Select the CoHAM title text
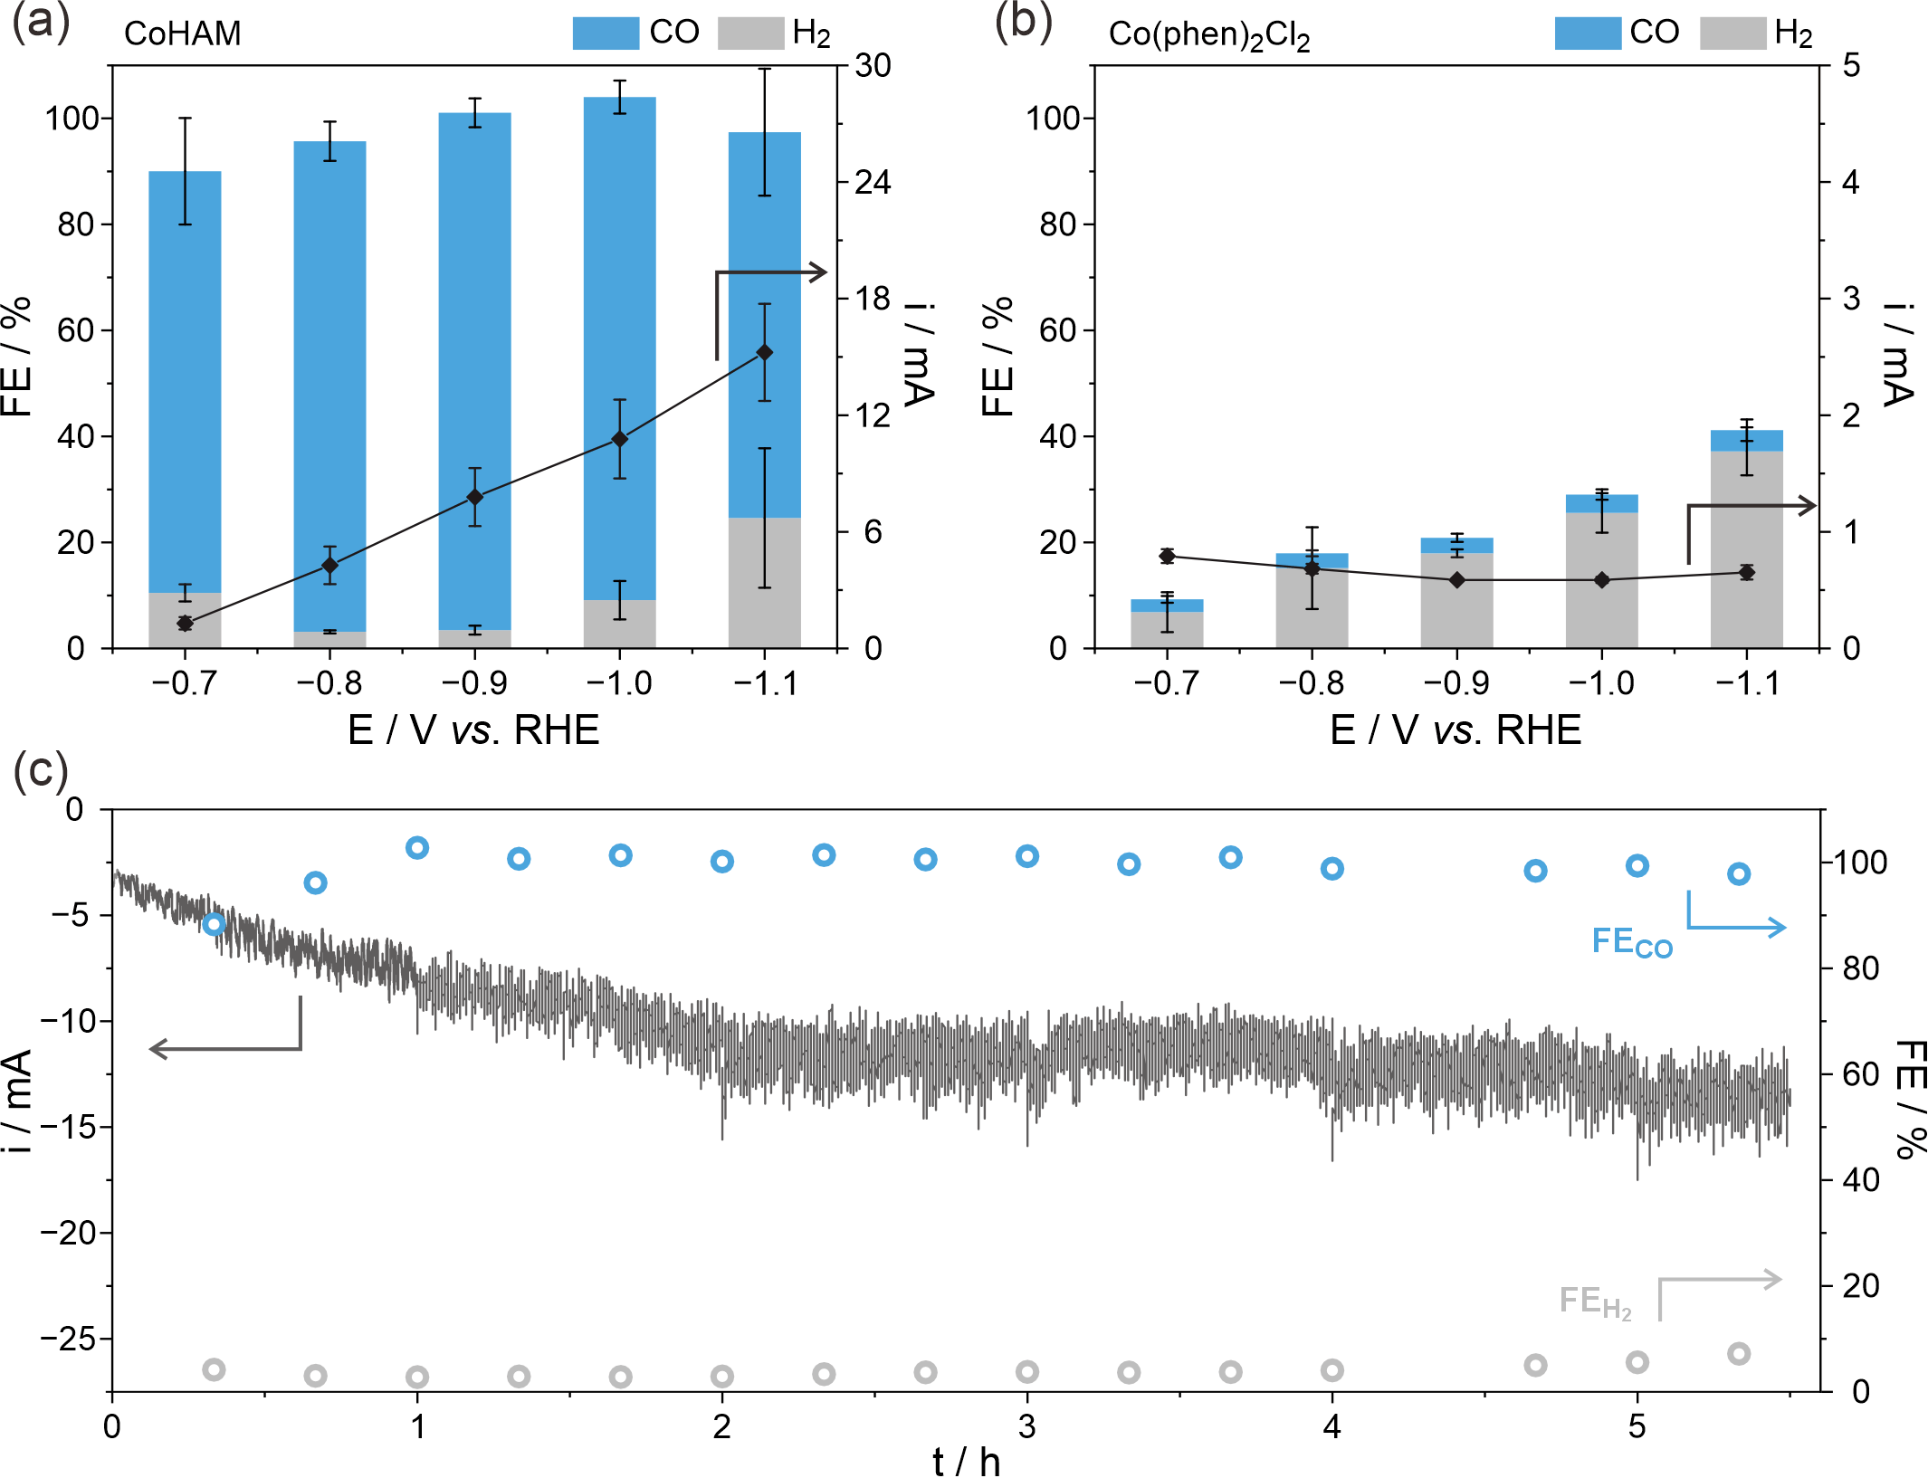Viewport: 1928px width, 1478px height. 183,33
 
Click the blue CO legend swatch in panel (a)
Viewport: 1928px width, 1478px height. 606,33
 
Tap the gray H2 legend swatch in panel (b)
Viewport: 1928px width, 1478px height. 1732,33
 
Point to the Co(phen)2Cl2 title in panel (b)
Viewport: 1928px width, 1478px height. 1209,35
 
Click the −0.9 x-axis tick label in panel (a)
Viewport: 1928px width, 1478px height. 474,682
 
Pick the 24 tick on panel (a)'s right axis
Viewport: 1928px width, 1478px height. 873,182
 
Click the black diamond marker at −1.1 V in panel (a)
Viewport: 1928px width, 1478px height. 765,352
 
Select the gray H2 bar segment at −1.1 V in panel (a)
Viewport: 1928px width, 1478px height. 765,583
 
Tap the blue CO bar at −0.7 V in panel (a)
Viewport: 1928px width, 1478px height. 185,382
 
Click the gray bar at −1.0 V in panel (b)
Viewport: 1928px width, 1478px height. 1602,580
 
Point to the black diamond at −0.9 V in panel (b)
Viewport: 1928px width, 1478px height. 1457,580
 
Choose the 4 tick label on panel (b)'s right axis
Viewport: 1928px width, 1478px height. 1851,182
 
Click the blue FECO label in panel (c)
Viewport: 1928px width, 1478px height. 1632,942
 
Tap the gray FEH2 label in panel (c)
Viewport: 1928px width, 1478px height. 1595,1302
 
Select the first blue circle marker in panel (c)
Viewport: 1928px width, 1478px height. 214,923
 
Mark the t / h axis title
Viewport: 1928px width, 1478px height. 966,1459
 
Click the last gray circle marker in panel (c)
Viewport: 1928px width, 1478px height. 1739,1354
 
